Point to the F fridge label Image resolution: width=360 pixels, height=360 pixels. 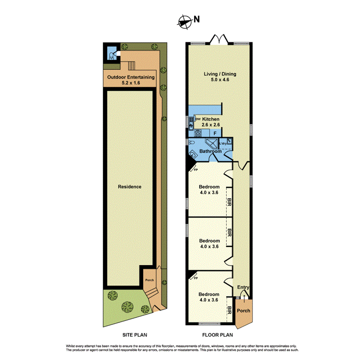point(215,133)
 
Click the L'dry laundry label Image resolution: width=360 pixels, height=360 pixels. point(224,143)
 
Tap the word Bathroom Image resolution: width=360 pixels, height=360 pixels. point(210,152)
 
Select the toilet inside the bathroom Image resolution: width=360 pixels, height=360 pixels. point(191,143)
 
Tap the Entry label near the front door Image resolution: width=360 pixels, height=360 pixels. point(243,288)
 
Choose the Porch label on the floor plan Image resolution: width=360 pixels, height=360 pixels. point(243,311)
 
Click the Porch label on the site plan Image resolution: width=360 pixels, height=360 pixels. point(149,280)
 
